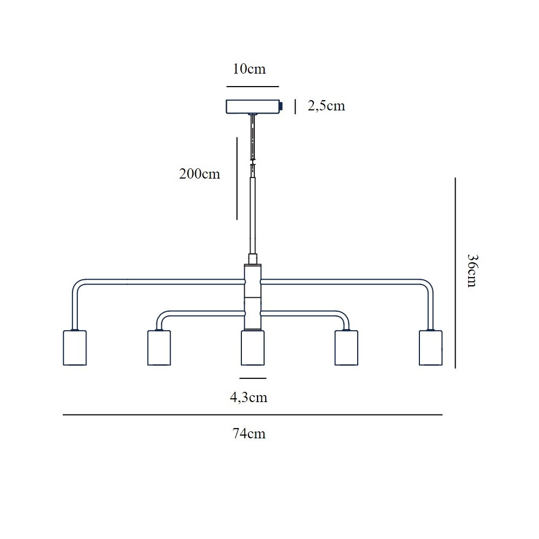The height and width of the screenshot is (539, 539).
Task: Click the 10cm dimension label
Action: coord(249,69)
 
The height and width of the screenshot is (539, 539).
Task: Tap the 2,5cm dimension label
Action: coord(326,106)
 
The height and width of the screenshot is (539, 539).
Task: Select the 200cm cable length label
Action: coord(199,174)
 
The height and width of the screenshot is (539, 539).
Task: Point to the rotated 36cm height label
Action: coord(472,271)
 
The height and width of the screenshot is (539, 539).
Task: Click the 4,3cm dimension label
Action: coord(248,398)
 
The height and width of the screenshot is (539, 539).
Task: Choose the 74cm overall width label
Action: coord(249,434)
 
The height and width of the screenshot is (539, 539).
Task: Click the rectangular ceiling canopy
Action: coord(253,107)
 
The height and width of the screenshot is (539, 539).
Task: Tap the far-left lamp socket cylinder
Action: coord(75,347)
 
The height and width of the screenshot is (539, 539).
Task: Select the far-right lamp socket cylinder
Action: coord(431,347)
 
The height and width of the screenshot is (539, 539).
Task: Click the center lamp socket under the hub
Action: coord(253,347)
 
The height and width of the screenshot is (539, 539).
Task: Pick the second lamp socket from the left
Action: coord(159,347)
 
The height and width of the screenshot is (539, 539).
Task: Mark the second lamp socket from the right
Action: coord(346,347)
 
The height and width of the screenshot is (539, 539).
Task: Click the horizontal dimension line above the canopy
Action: coord(253,87)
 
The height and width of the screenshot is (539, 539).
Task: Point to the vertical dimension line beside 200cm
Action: coord(237,179)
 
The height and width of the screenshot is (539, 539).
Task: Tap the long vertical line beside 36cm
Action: coord(456,273)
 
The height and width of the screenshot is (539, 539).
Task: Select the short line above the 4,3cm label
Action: coord(253,378)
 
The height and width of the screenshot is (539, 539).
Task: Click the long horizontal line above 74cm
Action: coord(253,415)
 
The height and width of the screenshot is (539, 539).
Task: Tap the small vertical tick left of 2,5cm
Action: coord(295,107)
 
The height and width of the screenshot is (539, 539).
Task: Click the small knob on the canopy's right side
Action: coord(281,107)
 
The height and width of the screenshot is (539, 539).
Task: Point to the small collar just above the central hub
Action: coord(253,259)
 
